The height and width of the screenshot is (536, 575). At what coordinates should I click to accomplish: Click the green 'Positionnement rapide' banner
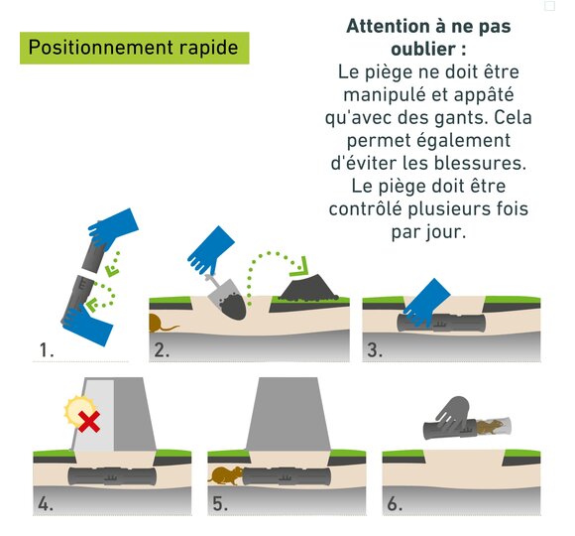pyautogui.click(x=134, y=48)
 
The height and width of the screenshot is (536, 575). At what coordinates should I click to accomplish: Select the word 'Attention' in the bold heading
pyautogui.click(x=388, y=27)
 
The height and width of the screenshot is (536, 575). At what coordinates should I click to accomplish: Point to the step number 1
pyautogui.click(x=47, y=350)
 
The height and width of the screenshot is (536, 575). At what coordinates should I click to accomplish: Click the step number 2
pyautogui.click(x=162, y=350)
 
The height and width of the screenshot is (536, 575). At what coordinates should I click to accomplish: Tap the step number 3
pyautogui.click(x=375, y=350)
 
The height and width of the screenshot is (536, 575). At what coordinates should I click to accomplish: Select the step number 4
pyautogui.click(x=46, y=503)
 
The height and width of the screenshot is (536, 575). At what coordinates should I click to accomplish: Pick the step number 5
pyautogui.click(x=220, y=503)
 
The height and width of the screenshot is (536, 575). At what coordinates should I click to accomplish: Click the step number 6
pyautogui.click(x=395, y=503)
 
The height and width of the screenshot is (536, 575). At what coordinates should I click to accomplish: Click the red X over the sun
pyautogui.click(x=89, y=422)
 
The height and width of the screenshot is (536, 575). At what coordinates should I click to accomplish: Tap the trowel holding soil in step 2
pyautogui.click(x=226, y=298)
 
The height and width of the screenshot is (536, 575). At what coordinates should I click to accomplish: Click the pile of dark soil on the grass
pyautogui.click(x=308, y=289)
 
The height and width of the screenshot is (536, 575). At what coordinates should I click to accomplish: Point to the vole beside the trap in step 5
pyautogui.click(x=225, y=475)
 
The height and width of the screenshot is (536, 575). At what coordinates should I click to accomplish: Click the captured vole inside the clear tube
pyautogui.click(x=492, y=427)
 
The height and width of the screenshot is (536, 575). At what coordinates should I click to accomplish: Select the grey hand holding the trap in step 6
pyautogui.click(x=453, y=413)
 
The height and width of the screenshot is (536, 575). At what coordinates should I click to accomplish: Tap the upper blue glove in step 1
pyautogui.click(x=112, y=228)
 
